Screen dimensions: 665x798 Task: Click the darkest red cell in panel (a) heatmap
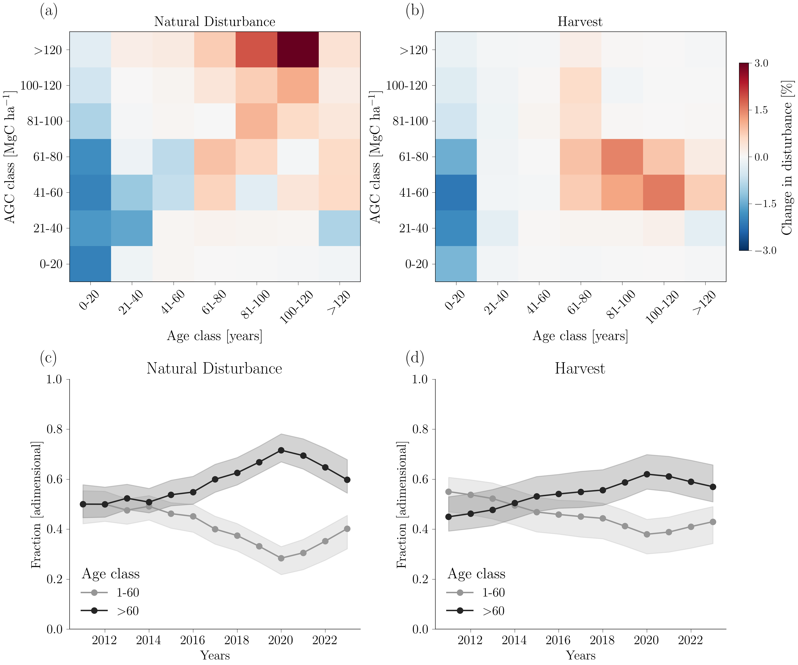tap(298, 49)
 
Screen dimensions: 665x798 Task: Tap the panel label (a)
tap(49, 11)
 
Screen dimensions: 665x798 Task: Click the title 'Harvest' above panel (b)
tap(580, 22)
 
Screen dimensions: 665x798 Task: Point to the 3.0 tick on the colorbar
tap(761, 63)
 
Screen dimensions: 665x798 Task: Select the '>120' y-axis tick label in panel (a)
tap(47, 50)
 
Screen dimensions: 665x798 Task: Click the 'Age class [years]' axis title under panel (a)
tap(215, 336)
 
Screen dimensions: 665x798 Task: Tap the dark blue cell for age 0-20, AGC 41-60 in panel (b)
tap(456, 192)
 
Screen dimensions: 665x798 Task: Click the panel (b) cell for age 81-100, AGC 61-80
tap(622, 156)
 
